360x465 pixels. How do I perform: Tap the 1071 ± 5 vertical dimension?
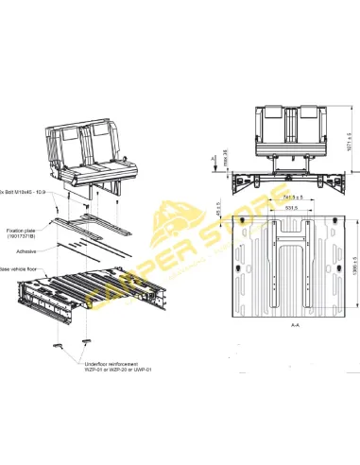point(349,146)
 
